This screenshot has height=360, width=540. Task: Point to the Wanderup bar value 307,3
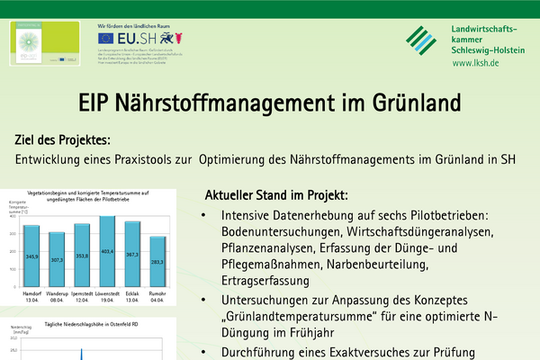tap(57, 259)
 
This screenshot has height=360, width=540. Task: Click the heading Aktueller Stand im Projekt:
tap(276, 194)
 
